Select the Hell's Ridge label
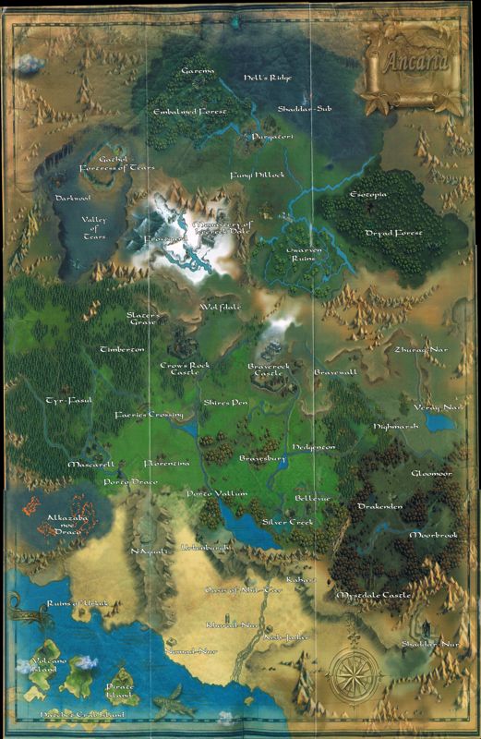pos(261,78)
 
